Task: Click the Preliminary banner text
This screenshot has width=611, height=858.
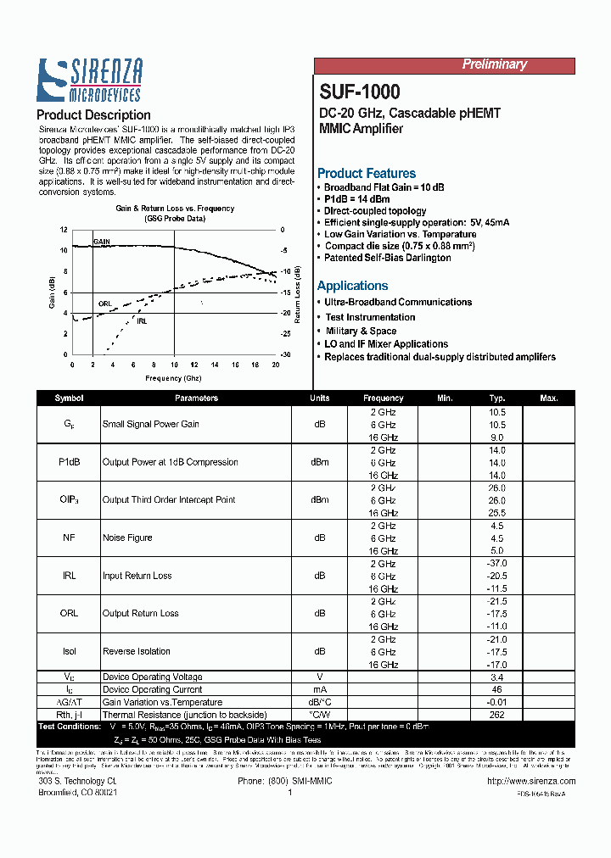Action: click(494, 65)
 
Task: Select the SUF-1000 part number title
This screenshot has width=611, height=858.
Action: click(360, 92)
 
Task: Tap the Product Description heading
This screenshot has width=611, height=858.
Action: click(94, 115)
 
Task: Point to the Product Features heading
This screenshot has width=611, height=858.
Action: click(367, 173)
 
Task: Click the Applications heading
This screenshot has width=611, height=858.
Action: click(353, 286)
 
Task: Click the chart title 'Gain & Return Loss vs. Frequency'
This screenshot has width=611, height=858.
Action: click(175, 209)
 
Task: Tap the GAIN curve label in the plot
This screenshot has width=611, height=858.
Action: click(102, 242)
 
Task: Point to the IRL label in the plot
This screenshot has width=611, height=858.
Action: click(142, 321)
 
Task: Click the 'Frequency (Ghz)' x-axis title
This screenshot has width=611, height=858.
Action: click(173, 378)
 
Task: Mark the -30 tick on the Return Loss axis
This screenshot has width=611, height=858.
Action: click(285, 354)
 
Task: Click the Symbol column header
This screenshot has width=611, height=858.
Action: click(69, 398)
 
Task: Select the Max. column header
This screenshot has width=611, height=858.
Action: click(548, 398)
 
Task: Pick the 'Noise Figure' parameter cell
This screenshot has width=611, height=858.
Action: click(127, 538)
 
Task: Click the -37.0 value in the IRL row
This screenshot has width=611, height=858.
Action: click(496, 564)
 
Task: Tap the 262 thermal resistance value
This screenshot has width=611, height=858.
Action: click(496, 715)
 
